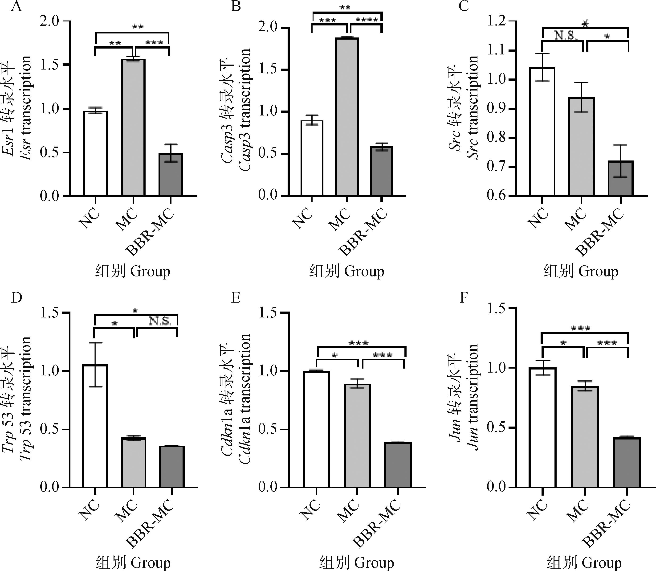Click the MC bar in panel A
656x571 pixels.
click(x=133, y=127)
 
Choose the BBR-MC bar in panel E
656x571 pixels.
click(x=398, y=465)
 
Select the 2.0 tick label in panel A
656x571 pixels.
click(x=50, y=21)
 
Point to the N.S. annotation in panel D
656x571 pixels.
click(x=160, y=321)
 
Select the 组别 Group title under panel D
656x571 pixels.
click(x=133, y=562)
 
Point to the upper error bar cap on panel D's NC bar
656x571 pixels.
click(x=95, y=343)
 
